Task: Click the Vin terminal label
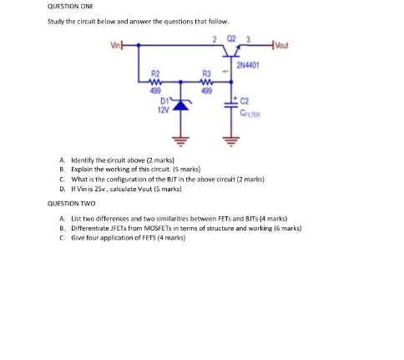click(x=116, y=45)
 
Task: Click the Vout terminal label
click(x=282, y=45)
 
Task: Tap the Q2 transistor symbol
click(x=231, y=51)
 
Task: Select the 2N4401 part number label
click(x=248, y=65)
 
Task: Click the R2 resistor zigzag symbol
click(x=155, y=82)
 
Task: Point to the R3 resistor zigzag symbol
click(x=207, y=82)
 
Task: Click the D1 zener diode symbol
click(x=181, y=104)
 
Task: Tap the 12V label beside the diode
click(x=163, y=110)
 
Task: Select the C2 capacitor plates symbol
click(x=231, y=104)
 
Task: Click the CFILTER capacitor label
click(x=250, y=114)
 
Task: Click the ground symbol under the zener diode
click(x=181, y=141)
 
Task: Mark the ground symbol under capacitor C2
click(x=231, y=141)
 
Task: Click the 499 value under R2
click(x=155, y=91)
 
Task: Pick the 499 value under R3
click(x=207, y=91)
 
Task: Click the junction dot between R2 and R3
click(x=181, y=82)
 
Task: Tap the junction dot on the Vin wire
click(x=139, y=45)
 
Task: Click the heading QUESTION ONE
click(x=70, y=7)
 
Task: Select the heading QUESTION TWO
click(x=71, y=204)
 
